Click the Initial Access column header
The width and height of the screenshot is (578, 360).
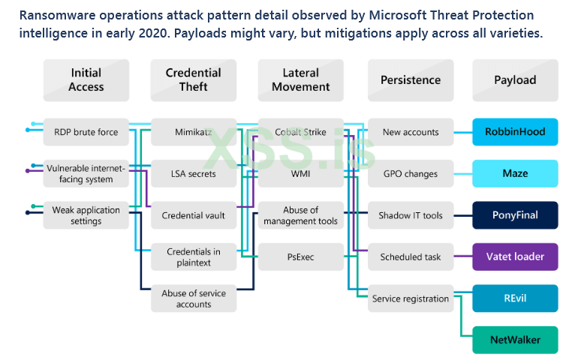86,80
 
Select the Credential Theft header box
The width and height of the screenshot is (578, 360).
193,80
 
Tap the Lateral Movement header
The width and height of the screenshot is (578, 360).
300,80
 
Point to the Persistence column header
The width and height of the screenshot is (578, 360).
410,80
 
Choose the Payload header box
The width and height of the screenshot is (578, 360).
515,80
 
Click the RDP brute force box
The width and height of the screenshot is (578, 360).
86,132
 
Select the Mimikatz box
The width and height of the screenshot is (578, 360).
193,132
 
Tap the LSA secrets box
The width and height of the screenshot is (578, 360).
193,174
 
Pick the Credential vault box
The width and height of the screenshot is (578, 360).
193,216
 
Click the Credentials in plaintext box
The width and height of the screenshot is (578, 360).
193,257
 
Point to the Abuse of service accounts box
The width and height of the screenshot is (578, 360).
193,298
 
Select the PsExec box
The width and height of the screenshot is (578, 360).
300,257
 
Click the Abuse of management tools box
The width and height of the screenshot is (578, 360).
300,216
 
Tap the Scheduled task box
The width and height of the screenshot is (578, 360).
410,257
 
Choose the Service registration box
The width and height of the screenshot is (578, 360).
410,298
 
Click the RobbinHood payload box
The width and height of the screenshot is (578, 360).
515,132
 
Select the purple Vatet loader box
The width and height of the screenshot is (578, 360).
515,257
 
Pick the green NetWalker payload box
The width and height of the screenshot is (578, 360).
515,340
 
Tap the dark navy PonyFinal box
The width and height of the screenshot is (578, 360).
515,215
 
